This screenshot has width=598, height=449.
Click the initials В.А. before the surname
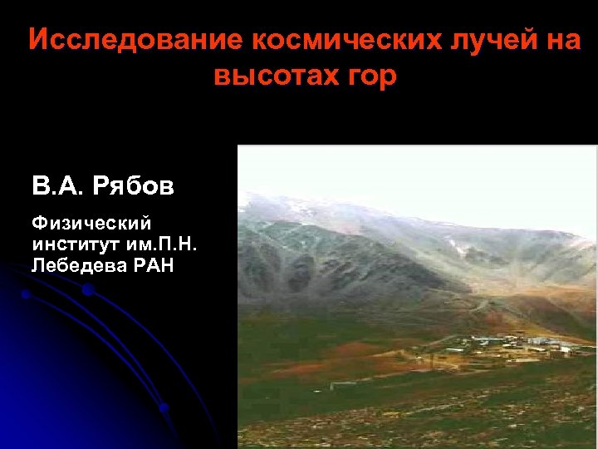57,185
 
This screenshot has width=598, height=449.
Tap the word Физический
91,223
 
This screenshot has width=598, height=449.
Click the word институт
69,244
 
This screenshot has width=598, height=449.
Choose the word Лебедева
71,265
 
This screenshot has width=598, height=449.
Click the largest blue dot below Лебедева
87,291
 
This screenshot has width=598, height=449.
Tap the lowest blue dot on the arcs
164,408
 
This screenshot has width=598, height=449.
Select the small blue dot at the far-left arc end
26,294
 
